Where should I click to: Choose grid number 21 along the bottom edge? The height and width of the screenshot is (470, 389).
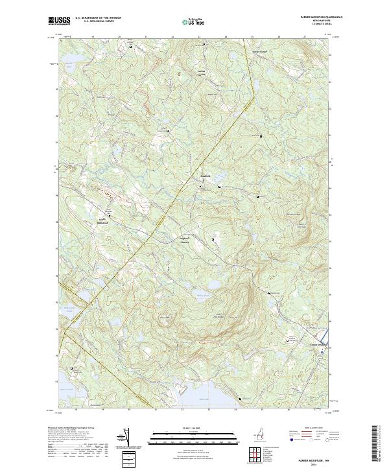156,410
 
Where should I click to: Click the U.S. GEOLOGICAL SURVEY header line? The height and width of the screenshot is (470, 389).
97,21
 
